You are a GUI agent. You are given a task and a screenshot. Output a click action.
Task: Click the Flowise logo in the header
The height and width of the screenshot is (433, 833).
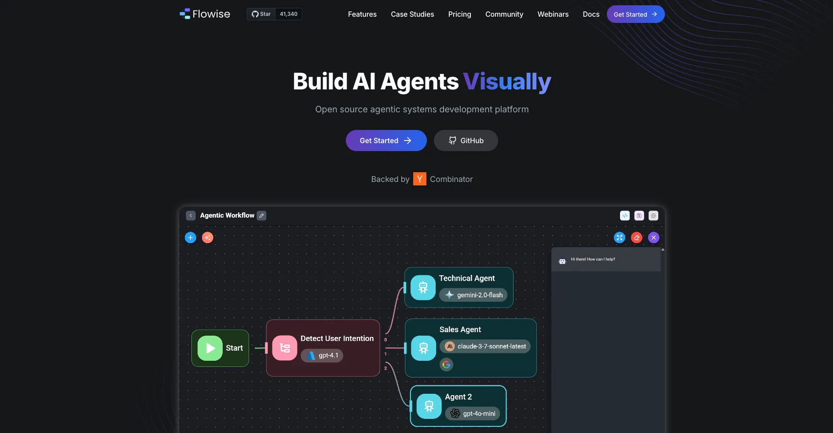coord(205,14)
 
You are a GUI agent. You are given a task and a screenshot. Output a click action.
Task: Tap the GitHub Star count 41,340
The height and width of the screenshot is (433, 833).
coord(288,14)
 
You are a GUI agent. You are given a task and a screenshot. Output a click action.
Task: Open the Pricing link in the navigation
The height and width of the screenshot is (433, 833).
coord(459,14)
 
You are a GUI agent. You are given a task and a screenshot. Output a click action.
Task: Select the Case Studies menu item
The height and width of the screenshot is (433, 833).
coord(412,14)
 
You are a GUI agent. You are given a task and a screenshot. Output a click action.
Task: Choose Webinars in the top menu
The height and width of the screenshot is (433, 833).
coord(553,14)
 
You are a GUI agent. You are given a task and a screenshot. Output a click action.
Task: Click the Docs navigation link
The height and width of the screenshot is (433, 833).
coord(591,14)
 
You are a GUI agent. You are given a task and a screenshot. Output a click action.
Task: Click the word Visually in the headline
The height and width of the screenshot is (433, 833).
coord(507,82)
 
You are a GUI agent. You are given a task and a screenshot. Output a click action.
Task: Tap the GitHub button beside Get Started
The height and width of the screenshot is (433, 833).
coord(466,141)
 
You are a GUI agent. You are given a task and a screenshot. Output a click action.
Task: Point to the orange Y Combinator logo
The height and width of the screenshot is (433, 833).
coord(419,179)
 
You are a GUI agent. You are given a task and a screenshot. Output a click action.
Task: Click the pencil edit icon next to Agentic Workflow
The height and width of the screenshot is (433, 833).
coord(261,215)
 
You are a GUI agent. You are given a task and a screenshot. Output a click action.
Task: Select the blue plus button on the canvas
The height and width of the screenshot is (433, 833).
coord(190,238)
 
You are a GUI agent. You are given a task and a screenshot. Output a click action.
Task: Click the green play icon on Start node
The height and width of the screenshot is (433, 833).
coord(210,348)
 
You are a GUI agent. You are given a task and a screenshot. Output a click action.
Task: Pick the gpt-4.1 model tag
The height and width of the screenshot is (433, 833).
coord(322,355)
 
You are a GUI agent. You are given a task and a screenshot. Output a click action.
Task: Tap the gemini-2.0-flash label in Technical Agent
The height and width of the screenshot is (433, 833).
coord(473,295)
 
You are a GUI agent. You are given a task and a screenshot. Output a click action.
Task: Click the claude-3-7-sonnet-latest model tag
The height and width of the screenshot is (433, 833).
coord(485,346)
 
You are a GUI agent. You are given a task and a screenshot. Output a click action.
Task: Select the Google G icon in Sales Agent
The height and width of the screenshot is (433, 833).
coord(446,364)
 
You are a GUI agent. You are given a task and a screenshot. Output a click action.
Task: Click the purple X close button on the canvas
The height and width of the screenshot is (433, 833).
coord(653,238)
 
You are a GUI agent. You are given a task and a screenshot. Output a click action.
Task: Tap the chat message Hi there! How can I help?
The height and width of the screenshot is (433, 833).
coord(593,259)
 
